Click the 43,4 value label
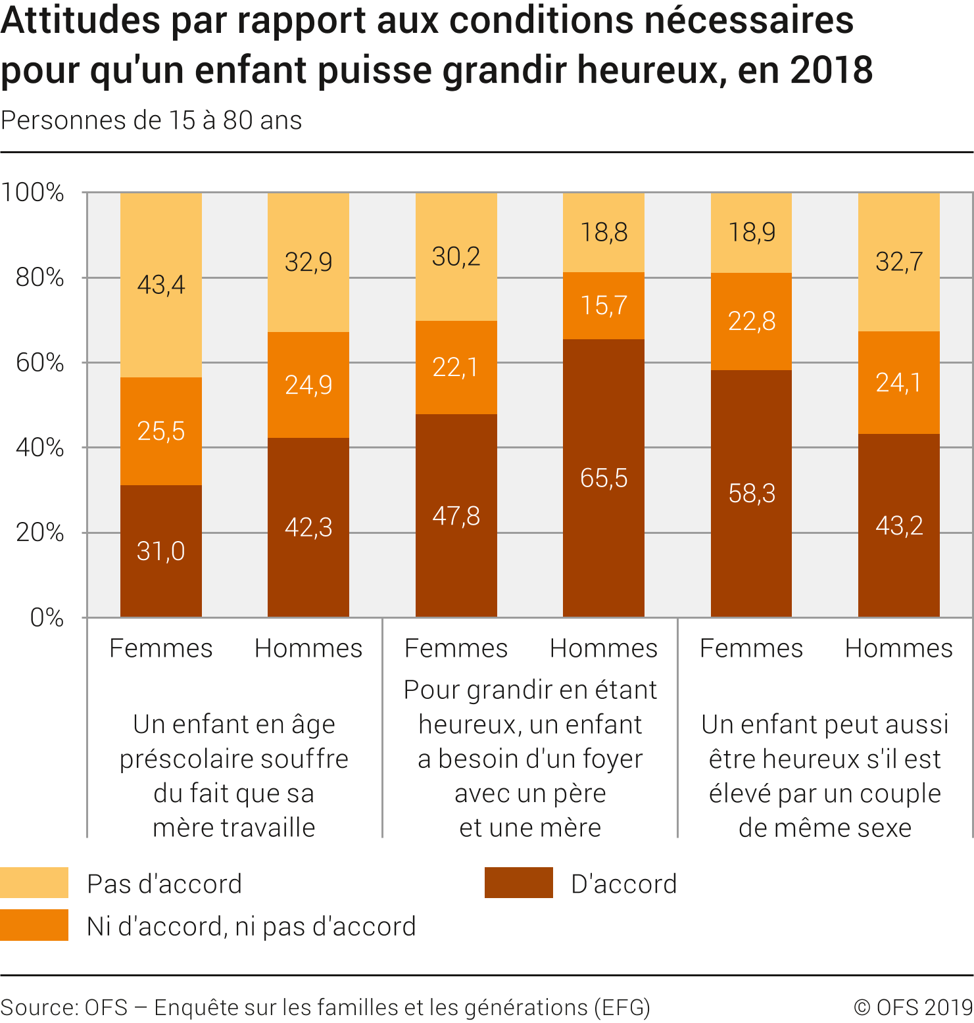(161, 285)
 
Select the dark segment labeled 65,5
(604, 478)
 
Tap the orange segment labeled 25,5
(161, 431)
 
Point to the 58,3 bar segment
(752, 493)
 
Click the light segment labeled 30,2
(456, 256)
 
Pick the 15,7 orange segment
(604, 305)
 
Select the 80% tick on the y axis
(40, 277)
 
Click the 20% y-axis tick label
(40, 533)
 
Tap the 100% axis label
(33, 193)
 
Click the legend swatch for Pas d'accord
(34, 883)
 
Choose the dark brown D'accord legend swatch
(518, 883)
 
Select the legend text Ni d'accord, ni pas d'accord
(251, 926)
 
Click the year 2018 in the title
(831, 70)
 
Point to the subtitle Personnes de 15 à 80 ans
(151, 121)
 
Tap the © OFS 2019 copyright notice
(913, 1007)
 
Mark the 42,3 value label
(308, 527)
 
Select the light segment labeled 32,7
(899, 262)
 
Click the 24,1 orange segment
(899, 382)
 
